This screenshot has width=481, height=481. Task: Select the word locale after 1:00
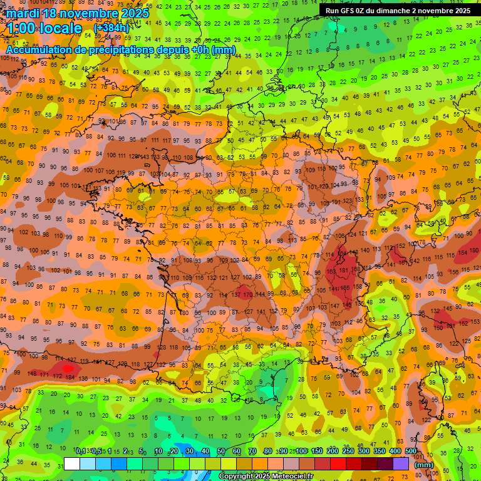click(x=60, y=28)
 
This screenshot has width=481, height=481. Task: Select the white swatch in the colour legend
click(x=72, y=464)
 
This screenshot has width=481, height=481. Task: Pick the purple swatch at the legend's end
click(x=401, y=464)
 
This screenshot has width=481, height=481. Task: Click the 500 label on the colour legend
click(x=410, y=452)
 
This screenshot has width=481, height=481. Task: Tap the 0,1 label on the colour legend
click(x=81, y=452)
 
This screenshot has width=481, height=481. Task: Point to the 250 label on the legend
click(x=348, y=452)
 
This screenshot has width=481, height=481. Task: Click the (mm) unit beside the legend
click(x=424, y=465)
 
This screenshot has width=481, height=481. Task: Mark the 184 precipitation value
click(x=70, y=377)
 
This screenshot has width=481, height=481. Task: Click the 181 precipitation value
click(x=343, y=270)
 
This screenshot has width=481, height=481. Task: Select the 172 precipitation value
click(x=57, y=376)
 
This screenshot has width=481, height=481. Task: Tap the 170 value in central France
click(x=247, y=294)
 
